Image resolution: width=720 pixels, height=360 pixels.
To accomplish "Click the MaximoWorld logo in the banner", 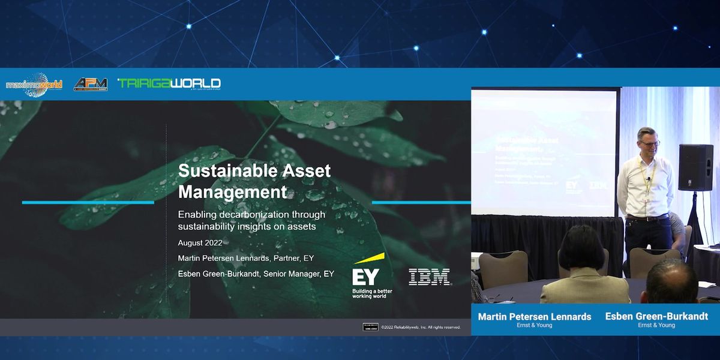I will (34, 85).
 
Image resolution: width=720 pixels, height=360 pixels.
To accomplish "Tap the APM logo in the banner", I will (91, 84).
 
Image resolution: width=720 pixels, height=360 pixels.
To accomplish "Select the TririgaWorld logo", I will (169, 83).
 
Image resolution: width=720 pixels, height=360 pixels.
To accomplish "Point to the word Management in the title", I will (233, 192).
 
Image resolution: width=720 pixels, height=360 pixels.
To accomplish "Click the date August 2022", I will (200, 243).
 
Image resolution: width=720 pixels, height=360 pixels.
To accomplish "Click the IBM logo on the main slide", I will (429, 277).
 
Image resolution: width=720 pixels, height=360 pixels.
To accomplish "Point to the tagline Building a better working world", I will (372, 293).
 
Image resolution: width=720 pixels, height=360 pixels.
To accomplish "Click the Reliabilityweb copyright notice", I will (420, 327).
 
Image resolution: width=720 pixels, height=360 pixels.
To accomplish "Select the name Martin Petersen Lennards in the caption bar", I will (535, 317).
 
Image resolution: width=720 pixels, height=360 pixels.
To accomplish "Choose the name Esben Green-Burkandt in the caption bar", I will (656, 316).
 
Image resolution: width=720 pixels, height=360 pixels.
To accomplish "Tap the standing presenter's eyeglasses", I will (649, 144).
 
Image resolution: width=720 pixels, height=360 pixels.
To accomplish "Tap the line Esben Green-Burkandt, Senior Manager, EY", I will (256, 274).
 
